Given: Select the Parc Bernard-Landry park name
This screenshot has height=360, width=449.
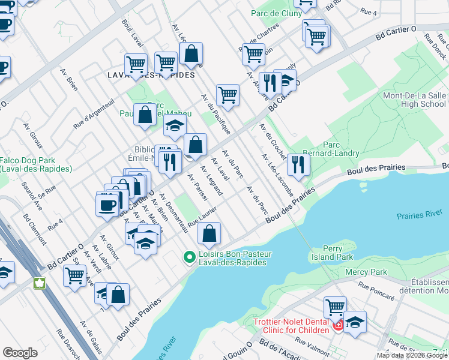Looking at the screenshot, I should click(341, 149).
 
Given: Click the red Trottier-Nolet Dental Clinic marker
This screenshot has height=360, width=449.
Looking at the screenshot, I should click(338, 325).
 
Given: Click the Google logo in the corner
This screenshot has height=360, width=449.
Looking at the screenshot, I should click(20, 352).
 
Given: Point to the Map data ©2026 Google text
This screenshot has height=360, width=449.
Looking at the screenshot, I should click(412, 355).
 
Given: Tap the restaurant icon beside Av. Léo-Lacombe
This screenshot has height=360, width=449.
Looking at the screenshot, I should click(298, 164).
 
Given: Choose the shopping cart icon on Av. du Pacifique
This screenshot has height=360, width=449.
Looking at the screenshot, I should click(228, 94).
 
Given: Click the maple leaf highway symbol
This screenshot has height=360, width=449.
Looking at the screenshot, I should click(41, 283).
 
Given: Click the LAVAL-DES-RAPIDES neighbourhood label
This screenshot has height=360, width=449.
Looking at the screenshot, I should click(151, 75).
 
